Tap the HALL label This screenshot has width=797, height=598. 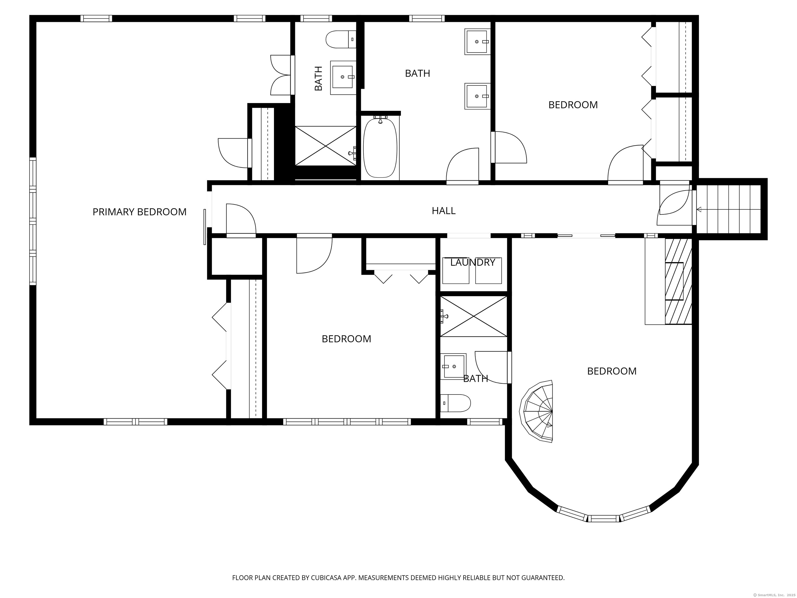[444, 211]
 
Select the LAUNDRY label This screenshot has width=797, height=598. [472, 262]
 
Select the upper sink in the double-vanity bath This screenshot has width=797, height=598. [477, 42]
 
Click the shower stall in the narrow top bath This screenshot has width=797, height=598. [325, 146]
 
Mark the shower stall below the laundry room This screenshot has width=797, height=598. [473, 316]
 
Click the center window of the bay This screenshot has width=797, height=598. [604, 518]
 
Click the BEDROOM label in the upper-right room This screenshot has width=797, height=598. [573, 105]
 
